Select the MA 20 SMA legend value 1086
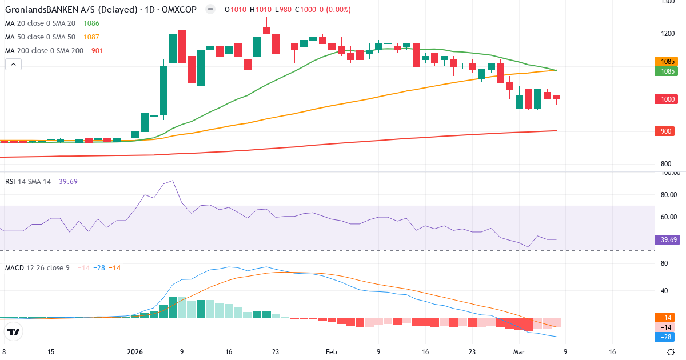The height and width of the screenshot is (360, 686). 91,23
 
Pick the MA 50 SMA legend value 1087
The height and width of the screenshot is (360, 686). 91,37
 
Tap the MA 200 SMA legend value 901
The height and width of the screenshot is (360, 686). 98,51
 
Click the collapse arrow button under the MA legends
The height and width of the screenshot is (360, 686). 13,65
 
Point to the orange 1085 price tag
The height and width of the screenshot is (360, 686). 668,61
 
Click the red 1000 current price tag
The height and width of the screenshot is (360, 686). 668,99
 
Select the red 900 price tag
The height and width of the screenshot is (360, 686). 668,131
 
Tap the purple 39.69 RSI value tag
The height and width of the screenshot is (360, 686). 668,239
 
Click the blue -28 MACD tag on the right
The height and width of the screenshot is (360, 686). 668,337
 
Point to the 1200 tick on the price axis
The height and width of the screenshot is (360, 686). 668,34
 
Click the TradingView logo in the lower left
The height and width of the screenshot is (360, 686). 14,331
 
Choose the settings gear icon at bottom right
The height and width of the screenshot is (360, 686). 672,352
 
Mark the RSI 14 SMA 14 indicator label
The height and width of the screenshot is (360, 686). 28,181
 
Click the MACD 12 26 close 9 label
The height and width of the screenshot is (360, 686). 38,268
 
